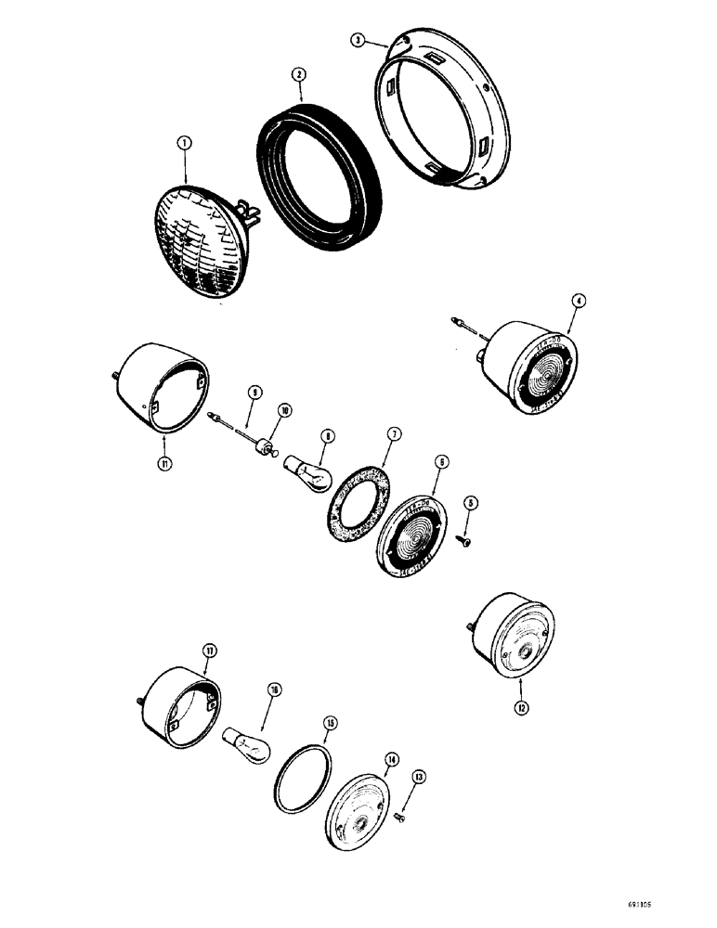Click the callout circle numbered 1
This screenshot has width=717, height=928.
(185, 143)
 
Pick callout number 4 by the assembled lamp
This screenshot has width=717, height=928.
(578, 300)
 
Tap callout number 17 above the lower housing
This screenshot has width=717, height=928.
(210, 651)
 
